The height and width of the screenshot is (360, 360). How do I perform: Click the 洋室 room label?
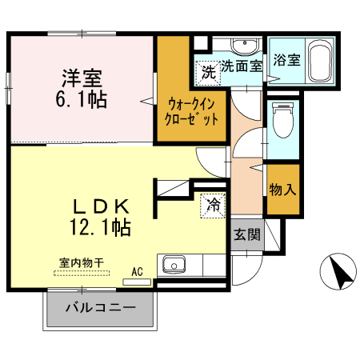pyautogui.click(x=82, y=78)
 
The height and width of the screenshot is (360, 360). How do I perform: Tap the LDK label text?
pyautogui.click(x=101, y=207)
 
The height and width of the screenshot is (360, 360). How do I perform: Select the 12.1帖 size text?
pyautogui.click(x=100, y=227)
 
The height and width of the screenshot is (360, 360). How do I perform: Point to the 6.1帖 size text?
pyautogui.click(x=82, y=99)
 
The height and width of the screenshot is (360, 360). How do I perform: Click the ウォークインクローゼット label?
pyautogui.click(x=191, y=112)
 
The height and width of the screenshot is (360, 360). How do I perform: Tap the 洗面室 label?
pyautogui.click(x=242, y=66)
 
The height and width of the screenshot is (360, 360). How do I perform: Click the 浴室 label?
pyautogui.click(x=286, y=60)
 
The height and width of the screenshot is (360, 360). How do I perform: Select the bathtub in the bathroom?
pyautogui.click(x=320, y=61)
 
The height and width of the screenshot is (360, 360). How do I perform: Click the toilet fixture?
pyautogui.click(x=283, y=120)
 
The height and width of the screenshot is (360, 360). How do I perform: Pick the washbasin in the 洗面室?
pyautogui.click(x=245, y=47)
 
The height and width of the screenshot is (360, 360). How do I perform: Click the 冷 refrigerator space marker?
pyautogui.click(x=213, y=206)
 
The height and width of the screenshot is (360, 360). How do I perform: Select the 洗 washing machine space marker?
pyautogui.click(x=208, y=73)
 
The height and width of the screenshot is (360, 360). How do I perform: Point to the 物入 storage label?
pyautogui.click(x=282, y=190)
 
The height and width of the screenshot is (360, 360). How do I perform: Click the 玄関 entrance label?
pyautogui.click(x=247, y=234)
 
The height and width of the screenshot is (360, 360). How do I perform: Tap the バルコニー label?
pyautogui.click(x=101, y=308)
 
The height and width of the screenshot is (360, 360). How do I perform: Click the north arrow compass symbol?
pyautogui.click(x=338, y=271)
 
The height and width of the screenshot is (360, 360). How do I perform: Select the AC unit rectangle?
pyautogui.click(x=137, y=282)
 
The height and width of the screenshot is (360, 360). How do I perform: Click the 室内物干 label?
pyautogui.click(x=82, y=263)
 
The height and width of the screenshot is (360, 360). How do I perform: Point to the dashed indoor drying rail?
pyautogui.click(x=82, y=273)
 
